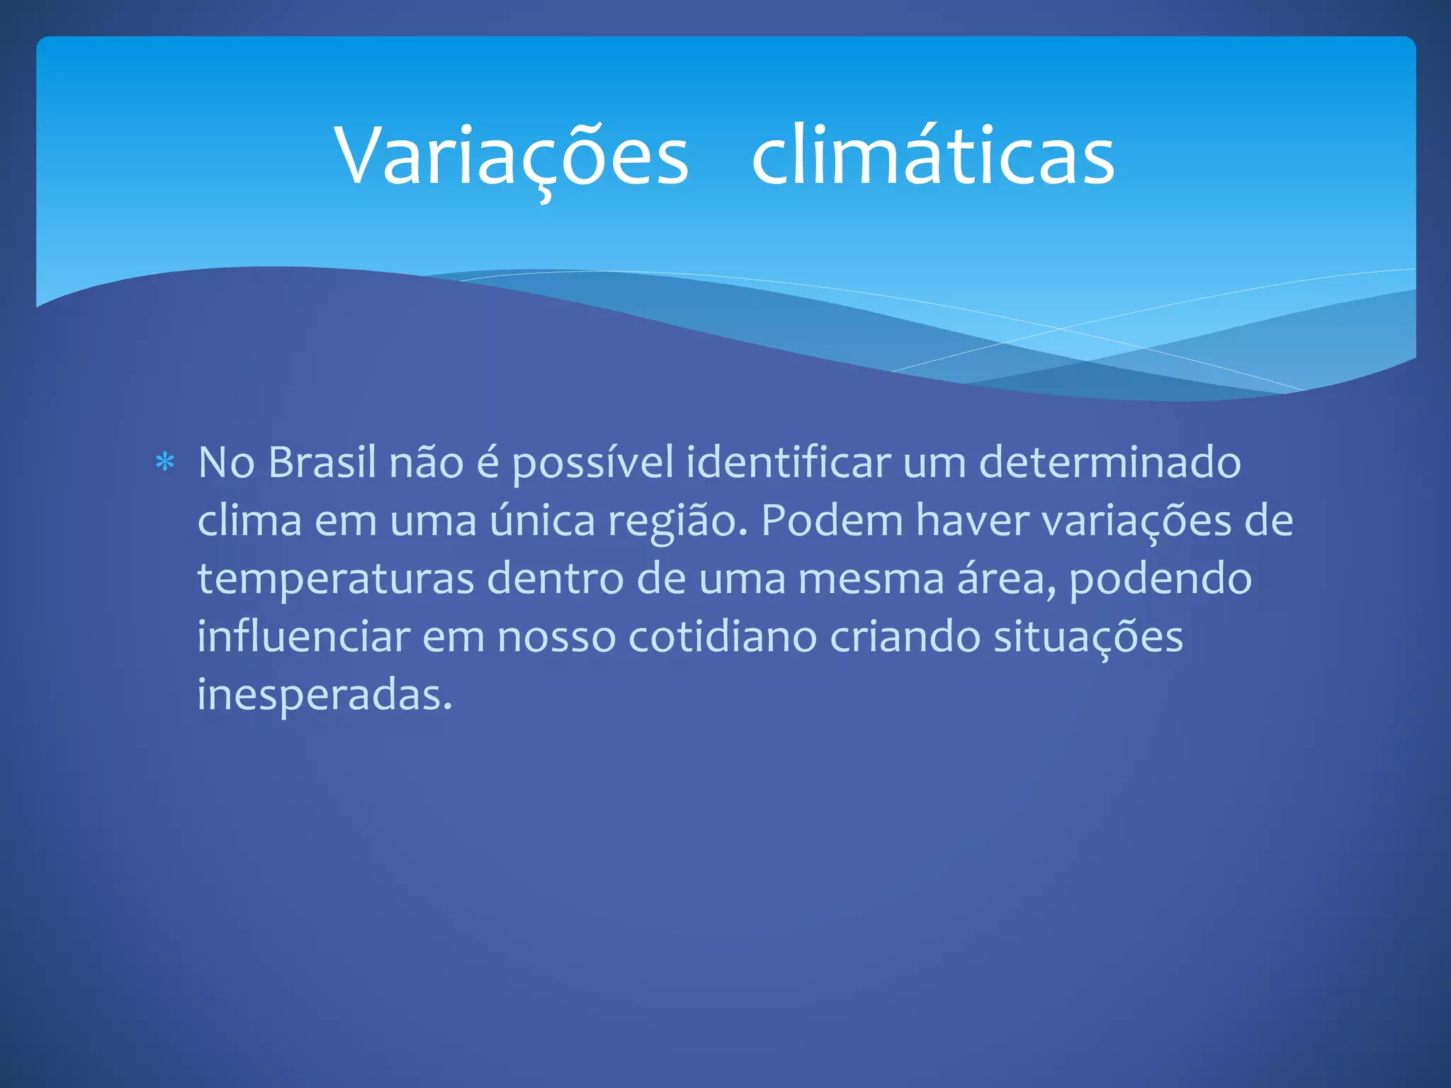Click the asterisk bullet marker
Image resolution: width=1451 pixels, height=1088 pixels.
pyautogui.click(x=165, y=463)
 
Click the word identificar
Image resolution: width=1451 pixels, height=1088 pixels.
pyautogui.click(x=788, y=463)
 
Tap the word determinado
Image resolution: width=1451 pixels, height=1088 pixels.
pyautogui.click(x=1110, y=463)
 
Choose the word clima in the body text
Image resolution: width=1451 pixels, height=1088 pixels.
pyautogui.click(x=249, y=521)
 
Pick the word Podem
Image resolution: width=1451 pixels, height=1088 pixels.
pyautogui.click(x=832, y=521)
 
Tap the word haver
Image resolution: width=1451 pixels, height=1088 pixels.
pyautogui.click(x=972, y=521)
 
